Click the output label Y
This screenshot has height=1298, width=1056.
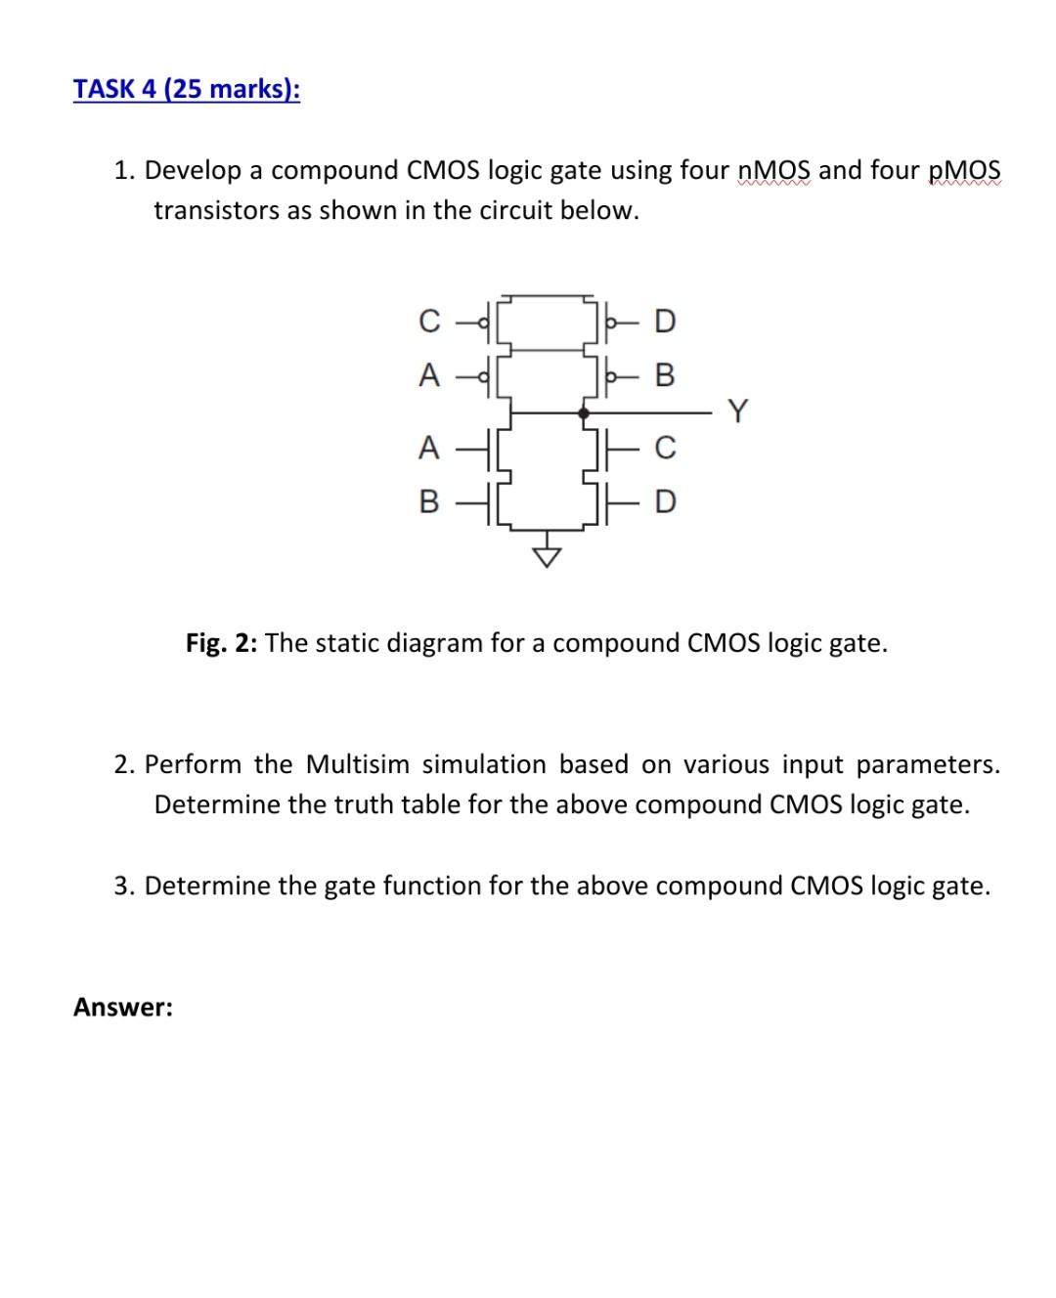tap(738, 412)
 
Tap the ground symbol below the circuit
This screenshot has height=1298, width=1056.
tap(548, 556)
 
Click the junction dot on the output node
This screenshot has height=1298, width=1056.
tap(584, 413)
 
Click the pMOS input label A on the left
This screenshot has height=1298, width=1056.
tap(427, 375)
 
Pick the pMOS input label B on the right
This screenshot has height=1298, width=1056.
tap(665, 375)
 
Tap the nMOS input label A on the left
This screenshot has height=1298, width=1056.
tap(427, 449)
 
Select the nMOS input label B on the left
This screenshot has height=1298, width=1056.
tap(427, 502)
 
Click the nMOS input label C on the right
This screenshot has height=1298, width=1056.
tap(665, 449)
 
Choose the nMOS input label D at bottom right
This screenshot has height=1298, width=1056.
tap(665, 502)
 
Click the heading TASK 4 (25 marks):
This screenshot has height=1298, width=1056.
tap(187, 89)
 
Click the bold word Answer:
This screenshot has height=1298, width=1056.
tap(123, 1007)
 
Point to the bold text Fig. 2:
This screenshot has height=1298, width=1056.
tap(222, 643)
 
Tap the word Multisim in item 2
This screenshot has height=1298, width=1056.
tap(357, 763)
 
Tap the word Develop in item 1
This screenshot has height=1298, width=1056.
tap(193, 171)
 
